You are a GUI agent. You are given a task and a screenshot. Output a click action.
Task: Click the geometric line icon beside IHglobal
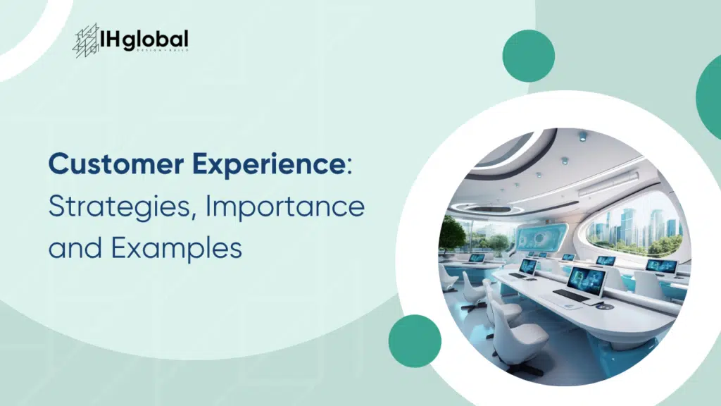(86, 40)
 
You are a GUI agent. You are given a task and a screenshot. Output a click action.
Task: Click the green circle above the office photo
(528, 56)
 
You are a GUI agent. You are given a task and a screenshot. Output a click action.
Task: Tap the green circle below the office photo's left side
(414, 340)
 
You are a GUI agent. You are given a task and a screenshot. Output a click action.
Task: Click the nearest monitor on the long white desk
(587, 281)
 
